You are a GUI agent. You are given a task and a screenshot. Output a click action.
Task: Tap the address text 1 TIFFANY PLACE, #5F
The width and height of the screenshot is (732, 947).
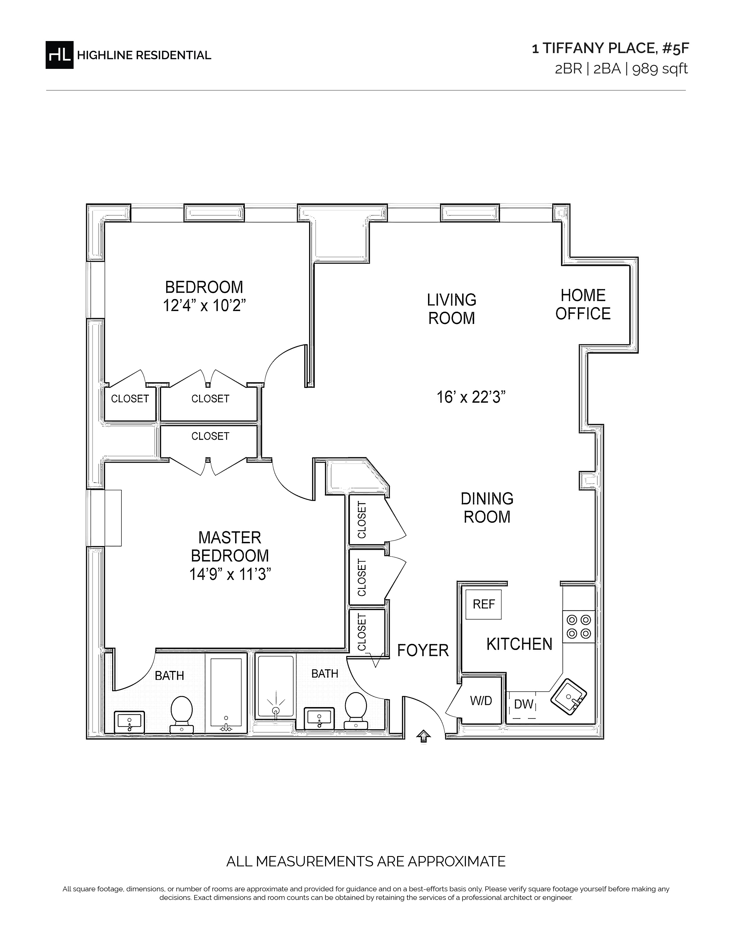pos(610,48)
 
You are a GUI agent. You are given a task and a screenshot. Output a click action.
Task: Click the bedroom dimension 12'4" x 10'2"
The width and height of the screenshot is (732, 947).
pos(204,306)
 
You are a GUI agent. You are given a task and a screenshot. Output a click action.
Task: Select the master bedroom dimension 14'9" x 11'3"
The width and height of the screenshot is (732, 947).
pos(230,574)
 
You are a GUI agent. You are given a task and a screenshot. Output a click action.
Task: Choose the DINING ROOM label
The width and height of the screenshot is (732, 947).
pos(487,508)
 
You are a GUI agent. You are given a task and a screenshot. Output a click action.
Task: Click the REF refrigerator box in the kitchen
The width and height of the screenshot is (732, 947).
pos(483,604)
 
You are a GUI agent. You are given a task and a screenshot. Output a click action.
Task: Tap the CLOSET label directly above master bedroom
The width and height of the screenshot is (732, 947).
pos(210,436)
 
